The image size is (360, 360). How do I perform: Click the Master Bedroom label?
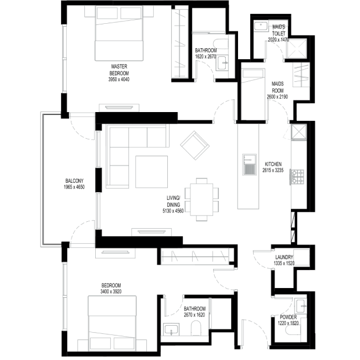coord(119,70)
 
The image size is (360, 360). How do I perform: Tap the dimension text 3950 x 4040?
coord(119,80)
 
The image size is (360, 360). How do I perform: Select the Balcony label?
coord(74,181)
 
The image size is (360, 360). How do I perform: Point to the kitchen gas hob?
coord(297,177)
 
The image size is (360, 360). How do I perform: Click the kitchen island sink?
coord(249,165)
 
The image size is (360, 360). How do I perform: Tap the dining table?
coord(201,200)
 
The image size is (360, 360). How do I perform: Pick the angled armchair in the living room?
coord(195,145)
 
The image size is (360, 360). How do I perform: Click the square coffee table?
coord(152,172)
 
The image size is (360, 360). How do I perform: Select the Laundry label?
coord(284,257)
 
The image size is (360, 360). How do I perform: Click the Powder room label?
coord(288,317)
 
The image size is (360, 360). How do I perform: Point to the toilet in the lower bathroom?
coord(196,328)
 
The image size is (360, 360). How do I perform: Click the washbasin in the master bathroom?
coord(222,63)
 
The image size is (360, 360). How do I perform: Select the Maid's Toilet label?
coord(279,30)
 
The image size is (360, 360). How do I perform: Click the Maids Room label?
coord(278,87)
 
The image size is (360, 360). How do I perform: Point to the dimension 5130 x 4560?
coord(173,211)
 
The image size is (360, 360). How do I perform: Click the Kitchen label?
coord(273,164)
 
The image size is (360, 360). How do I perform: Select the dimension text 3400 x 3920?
coord(111,291)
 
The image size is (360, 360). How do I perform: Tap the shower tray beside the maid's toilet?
coord(297,49)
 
